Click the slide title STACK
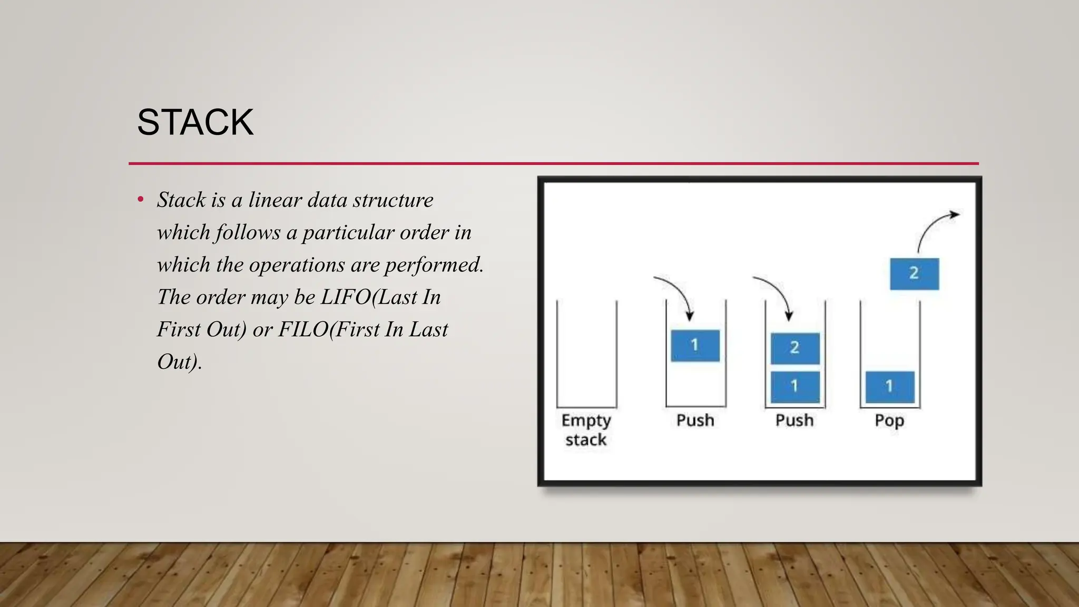[195, 122]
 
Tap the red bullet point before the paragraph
[140, 200]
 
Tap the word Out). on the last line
[179, 362]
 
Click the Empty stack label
[586, 429]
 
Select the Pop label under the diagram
[889, 420]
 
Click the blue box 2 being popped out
[914, 273]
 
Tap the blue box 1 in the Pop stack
[890, 387]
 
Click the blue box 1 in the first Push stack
[695, 346]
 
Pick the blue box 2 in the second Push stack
[794, 348]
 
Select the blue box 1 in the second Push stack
[794, 387]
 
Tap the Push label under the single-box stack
[695, 420]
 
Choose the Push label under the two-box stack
[794, 420]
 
